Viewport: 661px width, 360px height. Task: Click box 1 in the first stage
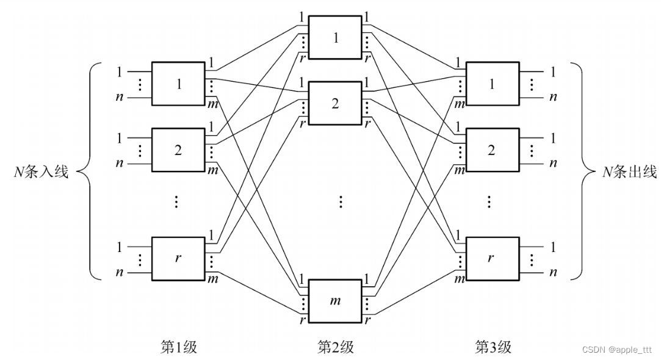click(x=178, y=84)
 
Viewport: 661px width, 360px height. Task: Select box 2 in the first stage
click(x=178, y=149)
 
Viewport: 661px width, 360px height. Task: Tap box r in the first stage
click(x=178, y=257)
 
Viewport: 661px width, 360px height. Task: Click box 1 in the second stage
click(x=335, y=38)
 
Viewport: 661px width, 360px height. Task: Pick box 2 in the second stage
click(x=335, y=103)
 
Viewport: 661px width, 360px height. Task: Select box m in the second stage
click(x=335, y=300)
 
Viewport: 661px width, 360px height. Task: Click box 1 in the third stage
click(x=491, y=84)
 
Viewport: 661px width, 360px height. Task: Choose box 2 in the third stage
click(x=491, y=149)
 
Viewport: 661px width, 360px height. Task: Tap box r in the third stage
click(x=491, y=257)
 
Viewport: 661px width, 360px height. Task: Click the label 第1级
click(x=178, y=347)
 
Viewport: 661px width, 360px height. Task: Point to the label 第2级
click(x=335, y=347)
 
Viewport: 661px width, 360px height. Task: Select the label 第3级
click(x=493, y=347)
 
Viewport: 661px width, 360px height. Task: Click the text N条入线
click(x=41, y=172)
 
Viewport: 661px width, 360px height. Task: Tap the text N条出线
click(x=629, y=172)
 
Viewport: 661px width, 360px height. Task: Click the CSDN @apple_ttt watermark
click(x=618, y=350)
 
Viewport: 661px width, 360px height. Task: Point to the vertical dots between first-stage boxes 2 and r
click(x=176, y=201)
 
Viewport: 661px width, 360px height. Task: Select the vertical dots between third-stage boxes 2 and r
click(x=489, y=201)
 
